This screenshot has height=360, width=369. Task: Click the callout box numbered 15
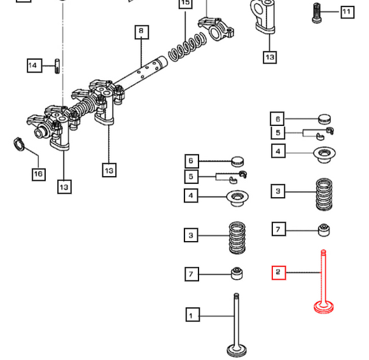185,4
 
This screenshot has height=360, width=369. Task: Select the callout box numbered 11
346,12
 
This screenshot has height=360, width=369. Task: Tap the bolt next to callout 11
317,13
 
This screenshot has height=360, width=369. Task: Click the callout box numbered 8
141,31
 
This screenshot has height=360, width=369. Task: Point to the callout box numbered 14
34,65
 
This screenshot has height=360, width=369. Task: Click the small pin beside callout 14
57,65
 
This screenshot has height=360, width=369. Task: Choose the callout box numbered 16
38,174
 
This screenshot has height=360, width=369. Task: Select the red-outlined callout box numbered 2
278,273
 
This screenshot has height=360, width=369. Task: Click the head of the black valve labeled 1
237,349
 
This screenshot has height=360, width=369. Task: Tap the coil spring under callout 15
185,46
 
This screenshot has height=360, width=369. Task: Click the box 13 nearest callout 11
269,57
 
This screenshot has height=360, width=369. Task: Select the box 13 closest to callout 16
64,186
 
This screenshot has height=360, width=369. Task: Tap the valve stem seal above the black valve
237,273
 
